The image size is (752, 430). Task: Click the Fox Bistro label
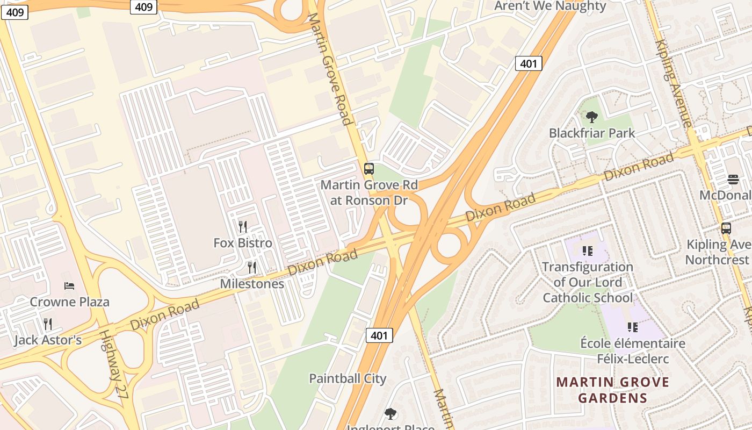[243, 243]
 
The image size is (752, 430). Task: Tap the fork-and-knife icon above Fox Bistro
[243, 226]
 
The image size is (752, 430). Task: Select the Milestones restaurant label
[252, 283]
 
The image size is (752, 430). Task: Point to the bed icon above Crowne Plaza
[69, 286]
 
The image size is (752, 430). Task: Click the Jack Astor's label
[48, 340]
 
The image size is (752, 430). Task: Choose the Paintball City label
[348, 378]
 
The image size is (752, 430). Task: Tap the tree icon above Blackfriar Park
[592, 117]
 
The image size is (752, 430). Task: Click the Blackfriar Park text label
[592, 133]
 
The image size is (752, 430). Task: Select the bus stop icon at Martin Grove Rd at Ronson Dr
[368, 168]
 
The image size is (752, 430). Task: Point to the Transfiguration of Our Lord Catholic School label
[588, 282]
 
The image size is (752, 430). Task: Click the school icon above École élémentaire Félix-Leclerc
[633, 327]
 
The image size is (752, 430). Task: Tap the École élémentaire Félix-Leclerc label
[633, 350]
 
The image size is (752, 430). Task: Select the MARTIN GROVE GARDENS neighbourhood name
[612, 390]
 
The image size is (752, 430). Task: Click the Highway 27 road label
[114, 363]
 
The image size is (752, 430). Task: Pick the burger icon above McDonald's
[733, 179]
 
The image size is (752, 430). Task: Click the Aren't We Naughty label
[550, 6]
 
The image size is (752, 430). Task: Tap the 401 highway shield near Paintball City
[379, 335]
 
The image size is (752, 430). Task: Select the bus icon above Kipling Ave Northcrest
[726, 228]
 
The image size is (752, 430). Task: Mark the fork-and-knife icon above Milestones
[251, 267]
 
